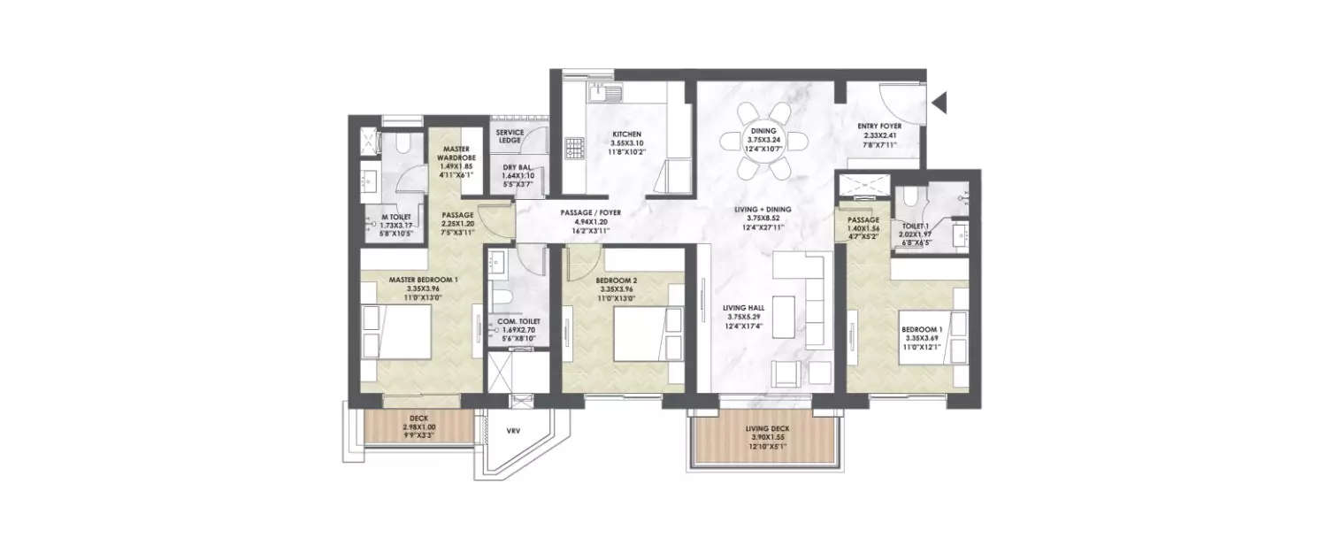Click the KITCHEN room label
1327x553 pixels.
[x=626, y=134]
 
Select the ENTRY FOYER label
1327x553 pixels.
[x=879, y=127]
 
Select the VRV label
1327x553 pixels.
[x=512, y=432]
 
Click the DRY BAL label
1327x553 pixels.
[x=516, y=167]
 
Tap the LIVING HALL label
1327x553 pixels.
[x=745, y=308]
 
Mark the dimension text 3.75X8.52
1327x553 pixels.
[x=767, y=219]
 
